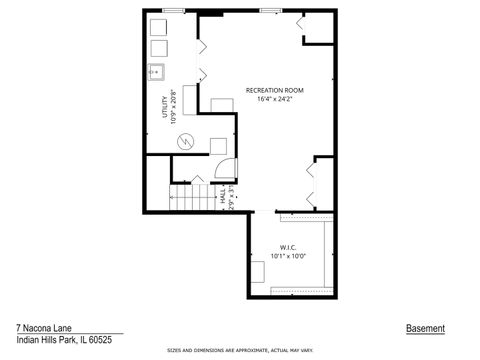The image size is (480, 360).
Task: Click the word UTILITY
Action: point(165,106)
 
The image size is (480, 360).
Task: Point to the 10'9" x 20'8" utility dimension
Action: point(173,106)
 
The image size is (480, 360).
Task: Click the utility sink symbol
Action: point(157,71)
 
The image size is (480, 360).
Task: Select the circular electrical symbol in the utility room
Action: point(184,142)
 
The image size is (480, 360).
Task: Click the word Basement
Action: point(425,328)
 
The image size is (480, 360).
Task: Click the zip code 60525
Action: point(94,339)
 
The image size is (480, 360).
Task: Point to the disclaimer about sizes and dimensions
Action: point(240,351)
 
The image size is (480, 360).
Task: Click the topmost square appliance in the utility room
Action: point(159,26)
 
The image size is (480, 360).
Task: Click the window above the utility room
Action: point(172,11)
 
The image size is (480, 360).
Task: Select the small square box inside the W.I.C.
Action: point(258,269)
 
